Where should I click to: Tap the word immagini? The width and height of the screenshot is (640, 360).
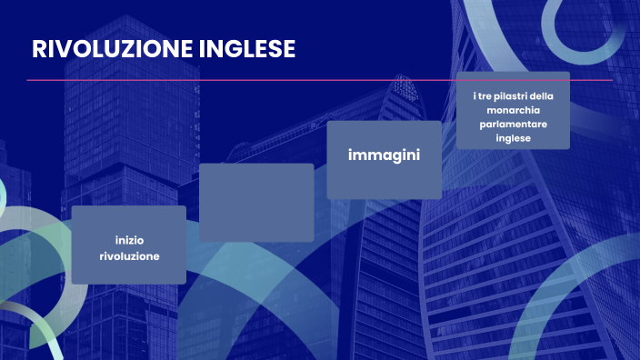pos(384,155)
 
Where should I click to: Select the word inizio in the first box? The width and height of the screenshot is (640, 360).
pos(129,240)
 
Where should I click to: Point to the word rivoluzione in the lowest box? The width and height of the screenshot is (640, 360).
pos(129,256)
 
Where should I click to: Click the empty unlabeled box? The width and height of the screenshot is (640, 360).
pos(256,202)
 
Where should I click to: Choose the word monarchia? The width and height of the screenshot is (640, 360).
pos(513,110)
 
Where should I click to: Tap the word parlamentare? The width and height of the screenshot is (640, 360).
pos(513,125)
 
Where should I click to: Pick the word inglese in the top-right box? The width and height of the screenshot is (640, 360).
pos(513,139)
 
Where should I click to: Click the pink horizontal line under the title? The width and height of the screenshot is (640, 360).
pos(318,80)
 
